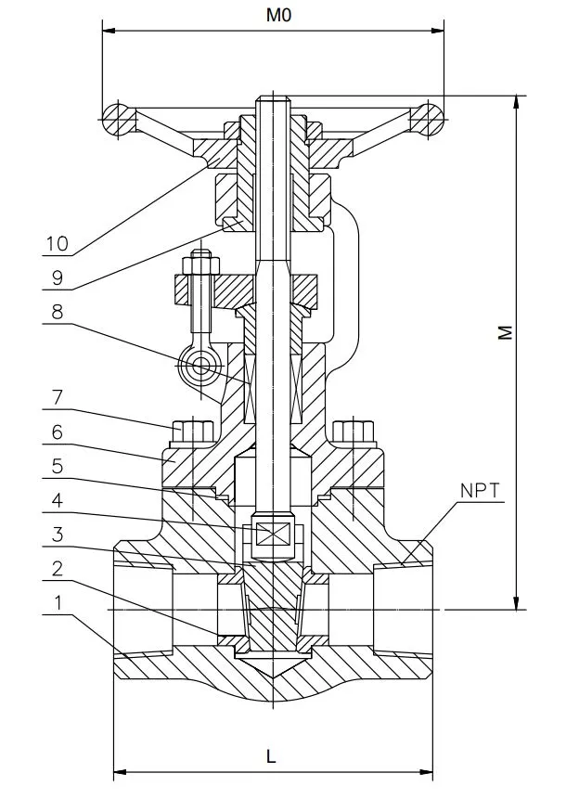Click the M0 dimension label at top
tap(278, 15)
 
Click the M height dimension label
tap(505, 332)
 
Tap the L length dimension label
tap(271, 756)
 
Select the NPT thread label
tap(480, 491)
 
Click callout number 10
tap(57, 243)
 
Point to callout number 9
tap(57, 277)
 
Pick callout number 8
tap(57, 312)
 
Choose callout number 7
tap(57, 397)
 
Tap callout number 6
tap(57, 432)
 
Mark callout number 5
tap(57, 466)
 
